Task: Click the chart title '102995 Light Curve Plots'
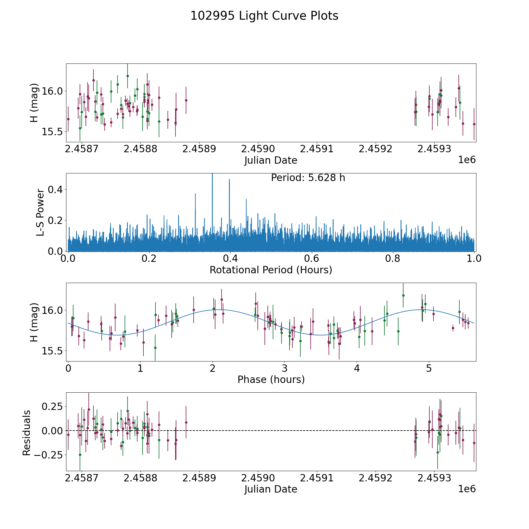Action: [x=264, y=16]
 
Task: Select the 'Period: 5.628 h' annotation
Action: [x=308, y=178]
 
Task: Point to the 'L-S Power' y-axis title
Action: [x=41, y=212]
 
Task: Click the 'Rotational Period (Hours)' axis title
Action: [x=271, y=270]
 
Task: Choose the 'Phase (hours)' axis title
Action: [x=271, y=379]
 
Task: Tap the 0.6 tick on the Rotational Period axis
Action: [x=312, y=258]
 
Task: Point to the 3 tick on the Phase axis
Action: [x=284, y=368]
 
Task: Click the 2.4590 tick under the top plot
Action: [x=258, y=149]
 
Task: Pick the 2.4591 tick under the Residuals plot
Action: [x=317, y=478]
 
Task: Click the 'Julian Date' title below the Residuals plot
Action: [x=271, y=489]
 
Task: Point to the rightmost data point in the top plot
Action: [x=474, y=124]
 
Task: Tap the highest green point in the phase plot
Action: [x=403, y=295]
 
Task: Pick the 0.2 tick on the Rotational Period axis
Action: [x=149, y=258]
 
